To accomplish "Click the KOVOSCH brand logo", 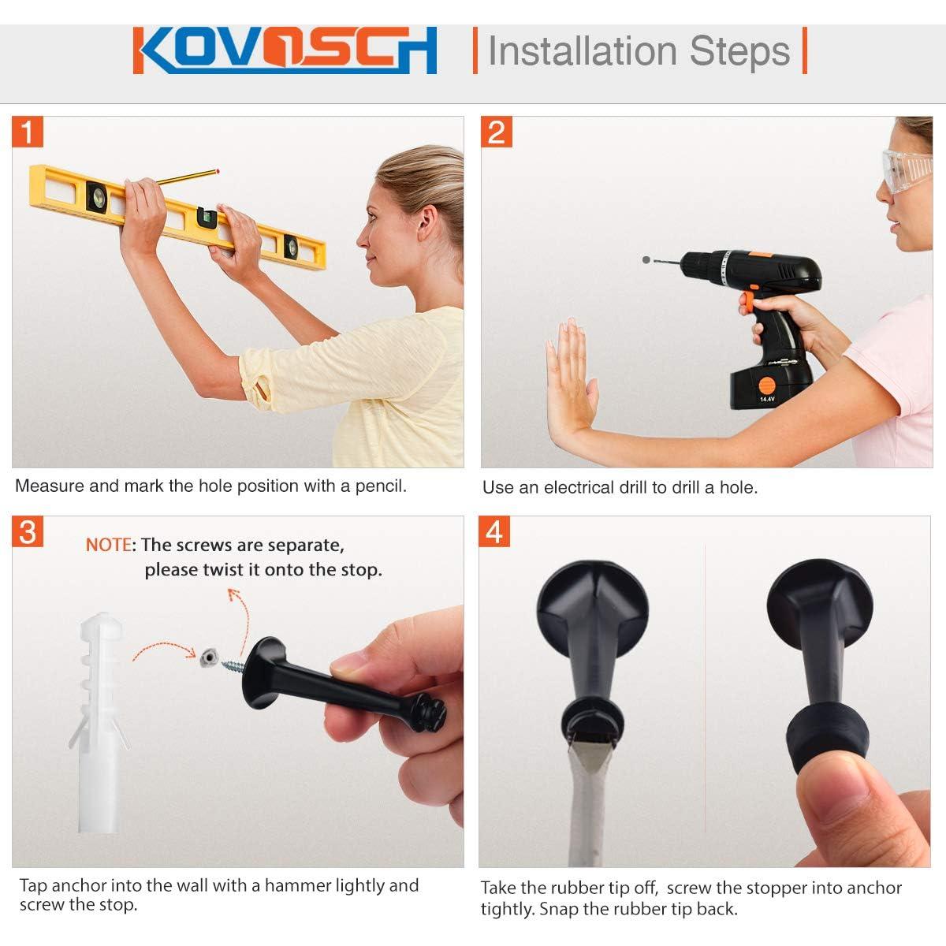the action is pos(285,50).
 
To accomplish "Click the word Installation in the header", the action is pos(583,51).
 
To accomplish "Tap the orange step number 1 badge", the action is pos(28,132).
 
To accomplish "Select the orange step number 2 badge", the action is pos(497,132).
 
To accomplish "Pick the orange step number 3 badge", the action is pos(28,531).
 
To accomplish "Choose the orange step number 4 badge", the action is pos(493,531).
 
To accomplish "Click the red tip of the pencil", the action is pos(217,171).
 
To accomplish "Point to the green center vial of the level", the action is pos(207,218).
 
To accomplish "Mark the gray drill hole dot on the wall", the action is pos(646,259).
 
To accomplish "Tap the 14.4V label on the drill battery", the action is pos(767,399).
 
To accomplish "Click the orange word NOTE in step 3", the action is pos(109,545).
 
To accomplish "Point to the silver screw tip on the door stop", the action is pos(233,666).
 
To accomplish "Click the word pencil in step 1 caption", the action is pos(381,486).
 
